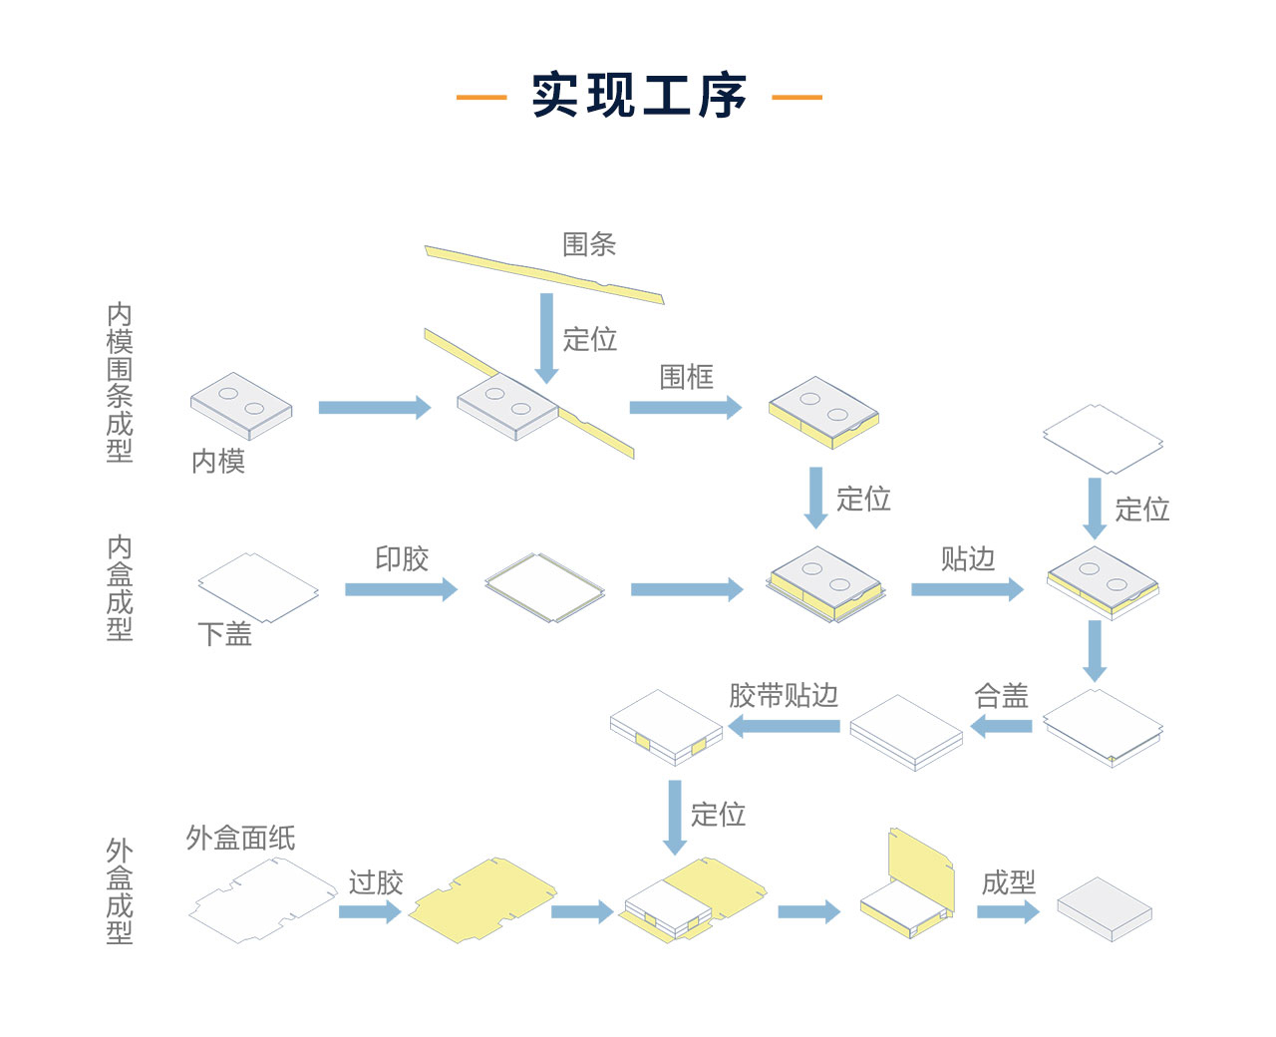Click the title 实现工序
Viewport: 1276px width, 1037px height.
639,96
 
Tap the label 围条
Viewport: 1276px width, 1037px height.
589,244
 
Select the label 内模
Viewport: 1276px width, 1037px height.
218,461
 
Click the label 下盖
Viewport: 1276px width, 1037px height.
225,634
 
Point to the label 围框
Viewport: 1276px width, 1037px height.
687,377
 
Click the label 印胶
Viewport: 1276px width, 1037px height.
402,558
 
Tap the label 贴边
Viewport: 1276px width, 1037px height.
968,558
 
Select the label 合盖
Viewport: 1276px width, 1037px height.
1001,696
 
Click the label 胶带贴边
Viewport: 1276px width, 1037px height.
784,696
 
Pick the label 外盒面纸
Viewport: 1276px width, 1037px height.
240,839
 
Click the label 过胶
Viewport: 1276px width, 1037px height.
376,882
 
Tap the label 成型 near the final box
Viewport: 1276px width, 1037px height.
1009,882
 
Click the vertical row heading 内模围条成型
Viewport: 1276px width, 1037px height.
120,383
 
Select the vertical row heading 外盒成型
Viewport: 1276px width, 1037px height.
120,891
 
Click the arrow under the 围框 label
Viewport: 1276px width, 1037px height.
686,407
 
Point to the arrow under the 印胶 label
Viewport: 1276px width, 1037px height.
401,589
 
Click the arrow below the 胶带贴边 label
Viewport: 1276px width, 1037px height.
784,726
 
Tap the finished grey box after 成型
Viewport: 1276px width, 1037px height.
1104,908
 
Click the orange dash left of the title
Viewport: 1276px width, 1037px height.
481,97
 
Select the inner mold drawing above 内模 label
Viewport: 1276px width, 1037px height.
241,405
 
